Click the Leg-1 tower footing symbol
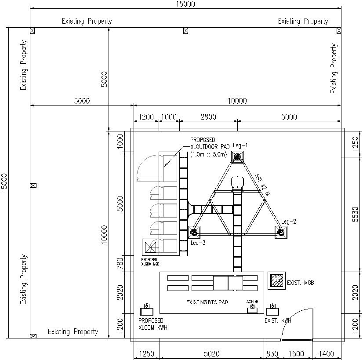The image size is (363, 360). pyautogui.click(x=238, y=156)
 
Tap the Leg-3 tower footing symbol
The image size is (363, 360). pyautogui.click(x=194, y=232)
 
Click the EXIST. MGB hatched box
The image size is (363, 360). pyautogui.click(x=276, y=281)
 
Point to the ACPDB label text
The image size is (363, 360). pyautogui.click(x=252, y=302)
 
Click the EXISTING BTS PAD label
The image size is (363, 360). pyautogui.click(x=207, y=302)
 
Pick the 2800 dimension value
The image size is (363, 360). pyautogui.click(x=208, y=117)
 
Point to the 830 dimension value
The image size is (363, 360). pyautogui.click(x=272, y=354)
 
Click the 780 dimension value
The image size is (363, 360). pyautogui.click(x=120, y=263)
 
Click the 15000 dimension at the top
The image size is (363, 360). pyautogui.click(x=185, y=4)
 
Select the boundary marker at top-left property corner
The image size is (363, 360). pyautogui.click(x=32, y=30)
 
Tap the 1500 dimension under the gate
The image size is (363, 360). pyautogui.click(x=297, y=354)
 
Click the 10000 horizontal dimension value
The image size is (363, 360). pyautogui.click(x=237, y=101)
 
